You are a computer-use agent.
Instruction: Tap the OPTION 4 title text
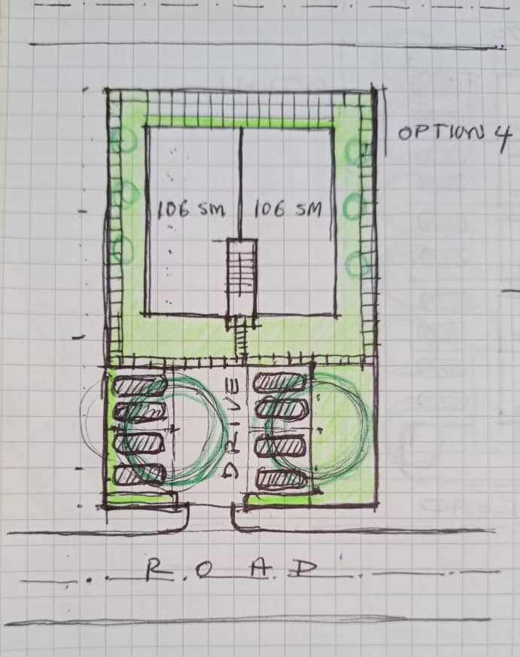coord(455,135)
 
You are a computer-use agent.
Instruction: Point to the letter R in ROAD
coord(155,570)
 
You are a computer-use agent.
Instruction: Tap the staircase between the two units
coord(242,277)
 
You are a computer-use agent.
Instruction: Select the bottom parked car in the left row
coord(140,475)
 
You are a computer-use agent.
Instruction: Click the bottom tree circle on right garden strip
coord(358,263)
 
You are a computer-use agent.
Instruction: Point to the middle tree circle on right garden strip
coord(356,206)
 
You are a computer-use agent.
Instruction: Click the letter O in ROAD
coord(205,570)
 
